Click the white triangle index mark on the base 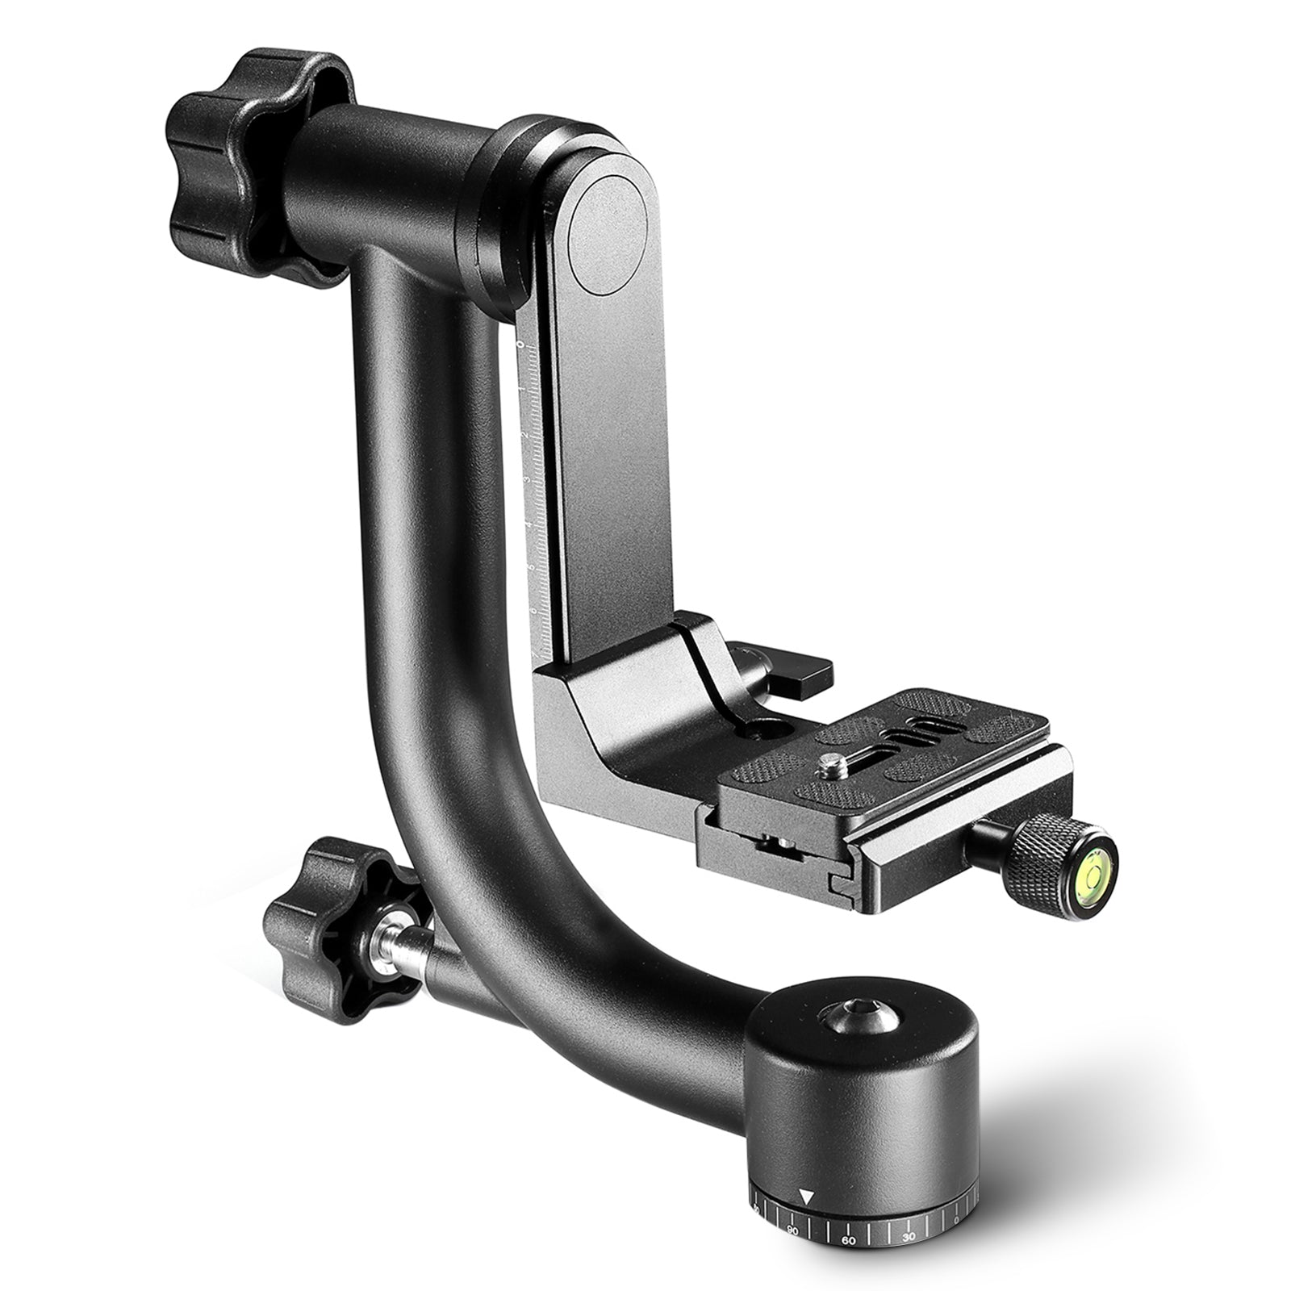pos(805,1197)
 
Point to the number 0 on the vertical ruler pos(521,345)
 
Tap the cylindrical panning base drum pos(871,1089)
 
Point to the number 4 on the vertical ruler pos(528,524)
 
